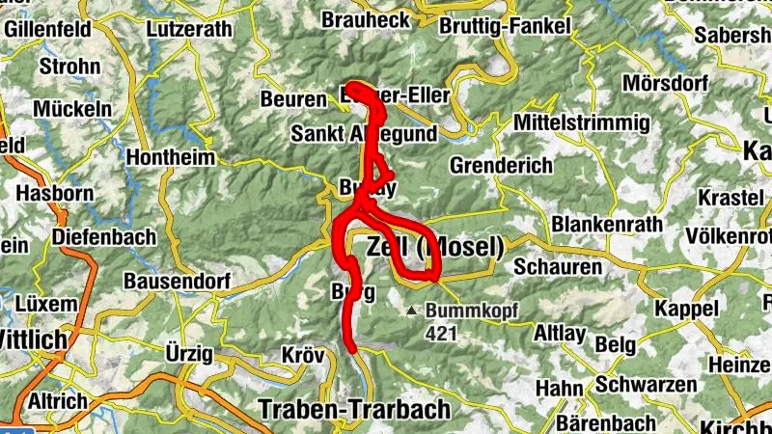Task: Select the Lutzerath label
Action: click(189, 30)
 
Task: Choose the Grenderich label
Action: click(501, 165)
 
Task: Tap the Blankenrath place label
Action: click(607, 225)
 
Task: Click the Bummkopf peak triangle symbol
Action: click(412, 311)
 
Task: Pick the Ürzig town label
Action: click(189, 353)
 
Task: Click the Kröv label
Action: click(303, 355)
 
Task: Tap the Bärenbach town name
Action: click(607, 422)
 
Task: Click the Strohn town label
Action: click(69, 67)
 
